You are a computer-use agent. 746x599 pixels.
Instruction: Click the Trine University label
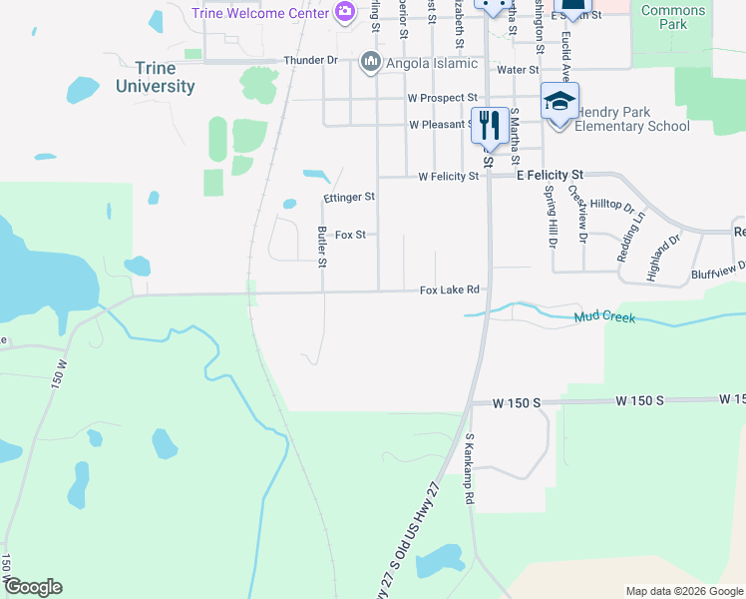pos(156,77)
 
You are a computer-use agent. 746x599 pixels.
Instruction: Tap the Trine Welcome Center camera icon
pos(345,12)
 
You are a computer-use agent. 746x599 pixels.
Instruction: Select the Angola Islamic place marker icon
pos(372,62)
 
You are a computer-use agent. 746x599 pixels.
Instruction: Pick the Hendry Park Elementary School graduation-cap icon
pos(559,102)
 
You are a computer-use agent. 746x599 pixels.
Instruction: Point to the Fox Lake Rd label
pos(450,290)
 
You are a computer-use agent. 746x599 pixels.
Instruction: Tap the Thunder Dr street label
pos(310,60)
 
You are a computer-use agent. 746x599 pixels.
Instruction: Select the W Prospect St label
pos(442,98)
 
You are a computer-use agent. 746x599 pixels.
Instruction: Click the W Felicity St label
pos(449,176)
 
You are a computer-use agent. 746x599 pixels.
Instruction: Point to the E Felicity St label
pos(549,174)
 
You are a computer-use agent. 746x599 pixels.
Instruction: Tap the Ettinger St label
pos(349,198)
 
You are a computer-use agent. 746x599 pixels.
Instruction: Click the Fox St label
pos(351,235)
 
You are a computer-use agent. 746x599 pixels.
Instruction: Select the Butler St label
pos(322,247)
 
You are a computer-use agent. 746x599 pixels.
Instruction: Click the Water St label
pos(518,70)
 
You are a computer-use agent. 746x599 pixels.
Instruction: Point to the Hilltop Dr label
pos(612,205)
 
